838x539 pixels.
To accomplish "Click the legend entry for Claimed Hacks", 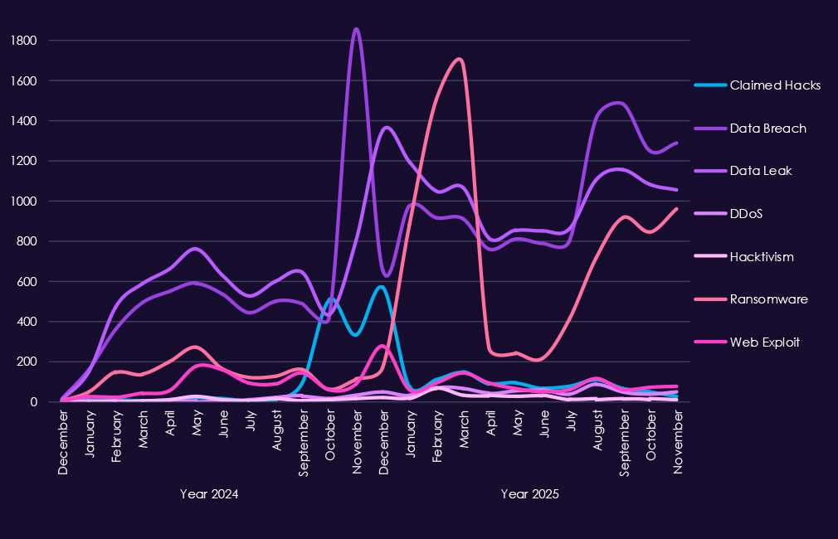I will point(774,85).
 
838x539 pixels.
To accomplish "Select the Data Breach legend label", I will point(767,128).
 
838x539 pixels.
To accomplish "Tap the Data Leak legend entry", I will point(761,171).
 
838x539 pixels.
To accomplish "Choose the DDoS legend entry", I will point(746,213).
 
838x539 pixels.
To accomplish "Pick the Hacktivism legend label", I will point(762,256).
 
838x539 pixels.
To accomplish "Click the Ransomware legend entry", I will point(768,299).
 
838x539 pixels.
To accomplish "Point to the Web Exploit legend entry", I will point(764,342).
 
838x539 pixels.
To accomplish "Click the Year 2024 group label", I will point(209,494).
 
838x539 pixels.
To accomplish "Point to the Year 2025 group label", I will point(529,494).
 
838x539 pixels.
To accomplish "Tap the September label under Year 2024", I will point(304,443).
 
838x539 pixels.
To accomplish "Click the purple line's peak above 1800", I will point(356,29).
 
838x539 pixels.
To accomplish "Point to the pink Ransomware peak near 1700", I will point(459,59).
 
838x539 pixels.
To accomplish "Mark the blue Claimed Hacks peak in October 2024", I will point(331,299).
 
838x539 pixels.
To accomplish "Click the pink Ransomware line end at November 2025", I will point(677,209).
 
